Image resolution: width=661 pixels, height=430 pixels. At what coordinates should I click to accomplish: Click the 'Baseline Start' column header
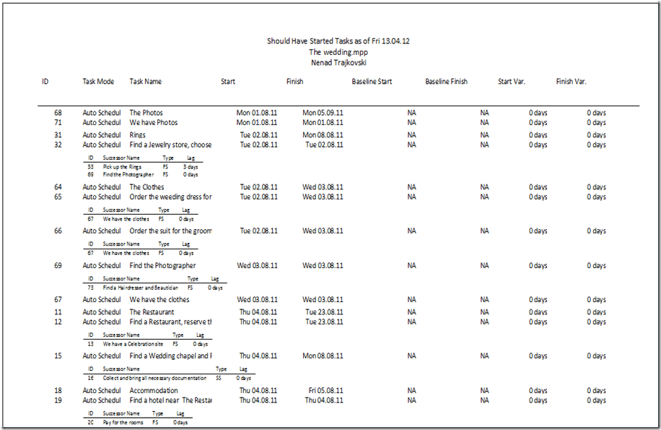tap(372, 82)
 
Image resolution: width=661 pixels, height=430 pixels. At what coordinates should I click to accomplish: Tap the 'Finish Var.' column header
tap(571, 82)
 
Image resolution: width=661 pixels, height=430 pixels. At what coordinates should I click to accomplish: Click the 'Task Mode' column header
tap(98, 82)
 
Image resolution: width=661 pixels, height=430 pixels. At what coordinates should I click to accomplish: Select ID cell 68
tap(58, 113)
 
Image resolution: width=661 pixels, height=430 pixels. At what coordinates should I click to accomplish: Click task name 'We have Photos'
tap(153, 123)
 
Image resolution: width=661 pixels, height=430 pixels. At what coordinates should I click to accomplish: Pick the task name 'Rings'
tap(137, 135)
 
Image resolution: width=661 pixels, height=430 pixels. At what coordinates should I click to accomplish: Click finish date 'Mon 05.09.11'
tap(323, 113)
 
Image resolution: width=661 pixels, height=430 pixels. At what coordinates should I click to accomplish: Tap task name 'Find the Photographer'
tap(162, 266)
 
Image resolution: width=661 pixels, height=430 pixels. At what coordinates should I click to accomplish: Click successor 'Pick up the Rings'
tap(122, 167)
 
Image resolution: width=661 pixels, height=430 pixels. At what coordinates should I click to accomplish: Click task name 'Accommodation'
tap(153, 391)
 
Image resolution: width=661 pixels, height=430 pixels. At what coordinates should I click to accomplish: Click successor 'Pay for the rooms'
tap(123, 422)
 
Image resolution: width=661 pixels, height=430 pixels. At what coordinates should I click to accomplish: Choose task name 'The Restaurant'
tap(152, 312)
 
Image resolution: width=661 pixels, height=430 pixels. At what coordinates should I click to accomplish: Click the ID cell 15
tap(58, 356)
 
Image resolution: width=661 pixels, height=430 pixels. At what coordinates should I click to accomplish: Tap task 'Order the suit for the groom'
tap(170, 231)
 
